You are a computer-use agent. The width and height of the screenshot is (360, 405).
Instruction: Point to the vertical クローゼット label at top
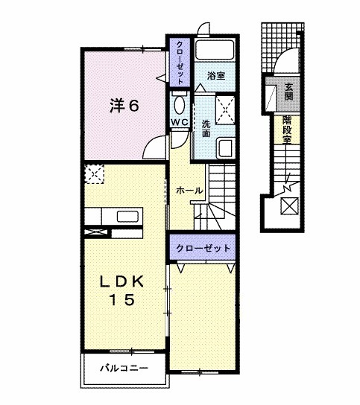180,64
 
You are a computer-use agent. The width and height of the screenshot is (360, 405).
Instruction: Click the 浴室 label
216,76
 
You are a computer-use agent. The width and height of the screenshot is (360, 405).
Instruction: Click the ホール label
189,191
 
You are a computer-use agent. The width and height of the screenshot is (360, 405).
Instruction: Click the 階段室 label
287,130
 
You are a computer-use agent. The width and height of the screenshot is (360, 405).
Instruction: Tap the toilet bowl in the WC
180,103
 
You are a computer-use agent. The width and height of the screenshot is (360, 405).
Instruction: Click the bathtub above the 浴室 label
215,51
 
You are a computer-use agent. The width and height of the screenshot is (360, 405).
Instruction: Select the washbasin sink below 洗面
224,147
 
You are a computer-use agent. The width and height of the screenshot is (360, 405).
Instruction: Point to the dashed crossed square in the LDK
95,173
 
